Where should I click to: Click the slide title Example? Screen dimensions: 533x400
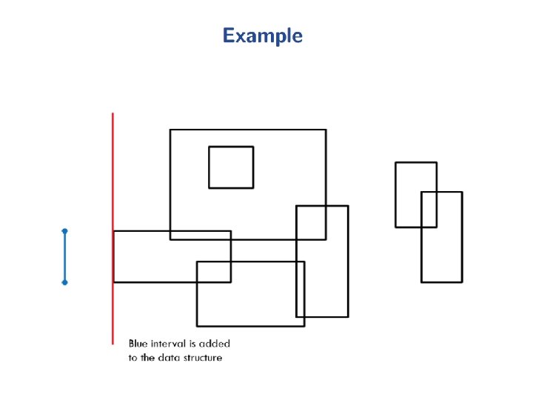click(263, 36)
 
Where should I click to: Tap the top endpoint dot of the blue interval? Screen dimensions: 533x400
click(64, 231)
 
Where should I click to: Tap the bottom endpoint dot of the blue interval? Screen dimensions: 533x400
click(64, 282)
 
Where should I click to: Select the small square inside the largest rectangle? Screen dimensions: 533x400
click(231, 167)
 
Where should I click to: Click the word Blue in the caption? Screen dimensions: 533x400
click(138, 344)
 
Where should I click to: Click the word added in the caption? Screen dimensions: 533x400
click(215, 344)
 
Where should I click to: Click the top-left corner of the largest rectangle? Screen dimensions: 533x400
click(170, 130)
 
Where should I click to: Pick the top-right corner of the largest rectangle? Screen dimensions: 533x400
click(326, 130)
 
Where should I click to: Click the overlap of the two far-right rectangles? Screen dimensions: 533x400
click(429, 209)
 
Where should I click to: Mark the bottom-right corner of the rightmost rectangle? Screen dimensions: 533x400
click(462, 281)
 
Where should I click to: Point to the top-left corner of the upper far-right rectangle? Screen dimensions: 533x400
click(395, 162)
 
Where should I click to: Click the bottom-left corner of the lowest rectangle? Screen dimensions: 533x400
click(197, 325)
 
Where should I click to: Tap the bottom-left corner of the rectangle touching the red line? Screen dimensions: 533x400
click(114, 281)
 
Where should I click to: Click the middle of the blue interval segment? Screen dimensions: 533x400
click(64, 257)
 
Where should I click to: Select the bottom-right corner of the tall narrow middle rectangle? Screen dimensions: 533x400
click(348, 316)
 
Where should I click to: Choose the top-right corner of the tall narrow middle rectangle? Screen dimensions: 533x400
click(348, 206)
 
